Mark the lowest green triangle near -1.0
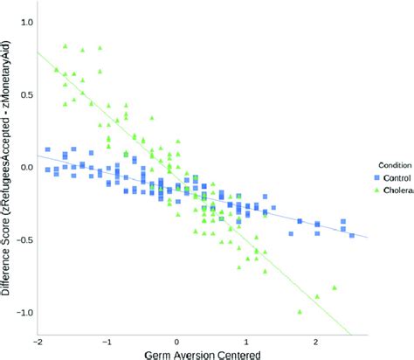click(300, 311)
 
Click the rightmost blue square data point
click(352, 235)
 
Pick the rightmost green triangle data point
click(335, 287)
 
